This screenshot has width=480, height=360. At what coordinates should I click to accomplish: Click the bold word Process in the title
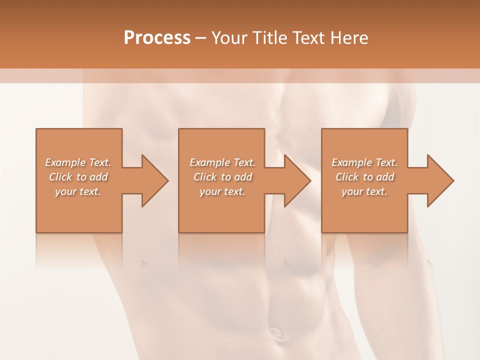(x=157, y=38)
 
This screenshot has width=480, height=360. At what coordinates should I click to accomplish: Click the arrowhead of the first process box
(x=153, y=180)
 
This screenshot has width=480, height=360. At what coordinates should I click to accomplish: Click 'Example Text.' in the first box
(x=78, y=162)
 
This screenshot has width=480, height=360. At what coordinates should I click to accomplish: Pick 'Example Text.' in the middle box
(x=222, y=162)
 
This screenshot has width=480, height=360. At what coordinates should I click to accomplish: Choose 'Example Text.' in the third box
(x=364, y=162)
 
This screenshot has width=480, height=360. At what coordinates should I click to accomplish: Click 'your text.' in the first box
(x=78, y=191)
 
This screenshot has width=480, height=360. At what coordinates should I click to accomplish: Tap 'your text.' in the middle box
(x=222, y=191)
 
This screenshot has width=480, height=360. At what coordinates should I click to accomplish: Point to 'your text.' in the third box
(x=364, y=191)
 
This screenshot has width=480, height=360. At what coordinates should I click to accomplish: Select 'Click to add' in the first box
(x=78, y=177)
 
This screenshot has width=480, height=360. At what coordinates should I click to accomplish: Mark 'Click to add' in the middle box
(x=222, y=177)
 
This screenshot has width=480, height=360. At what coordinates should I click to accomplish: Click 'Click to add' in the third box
(x=364, y=177)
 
